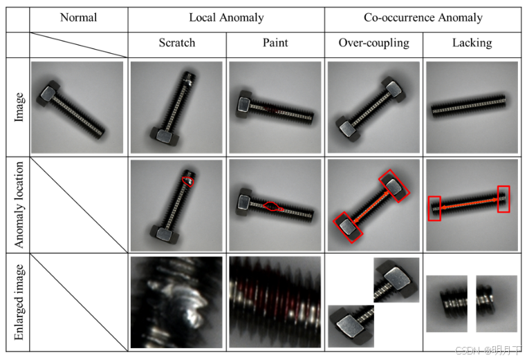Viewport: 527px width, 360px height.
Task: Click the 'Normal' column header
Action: click(78, 18)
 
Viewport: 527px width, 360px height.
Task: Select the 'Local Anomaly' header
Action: click(225, 18)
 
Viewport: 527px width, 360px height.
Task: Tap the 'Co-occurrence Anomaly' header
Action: click(423, 18)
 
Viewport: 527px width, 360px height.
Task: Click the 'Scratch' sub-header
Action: click(177, 43)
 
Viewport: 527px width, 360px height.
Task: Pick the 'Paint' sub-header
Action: click(275, 43)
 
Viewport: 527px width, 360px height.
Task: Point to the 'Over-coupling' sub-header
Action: click(373, 43)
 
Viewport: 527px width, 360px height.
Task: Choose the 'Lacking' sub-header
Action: click(472, 43)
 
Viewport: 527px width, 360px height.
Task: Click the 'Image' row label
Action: click(19, 107)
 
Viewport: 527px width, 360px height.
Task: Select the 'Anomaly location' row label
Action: click(19, 205)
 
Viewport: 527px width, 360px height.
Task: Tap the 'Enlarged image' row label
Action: click(19, 303)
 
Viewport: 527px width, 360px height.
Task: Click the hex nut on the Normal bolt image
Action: click(50, 91)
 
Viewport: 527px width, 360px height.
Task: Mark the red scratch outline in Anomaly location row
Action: click(187, 180)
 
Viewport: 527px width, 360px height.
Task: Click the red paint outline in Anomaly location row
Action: click(273, 205)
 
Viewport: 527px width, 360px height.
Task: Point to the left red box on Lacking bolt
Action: click(434, 208)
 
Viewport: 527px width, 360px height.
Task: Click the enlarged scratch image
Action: click(176, 302)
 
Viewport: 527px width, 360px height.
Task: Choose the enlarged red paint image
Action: click(275, 302)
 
